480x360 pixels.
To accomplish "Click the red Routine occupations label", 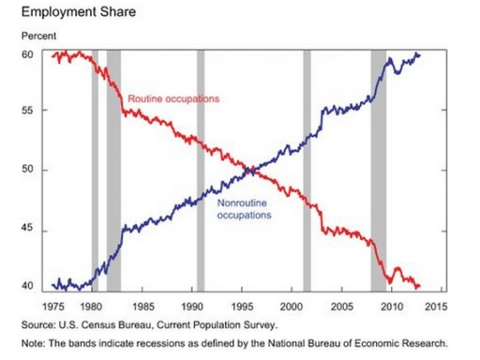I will click(174, 98).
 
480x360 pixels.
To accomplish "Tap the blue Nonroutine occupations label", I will click(245, 210).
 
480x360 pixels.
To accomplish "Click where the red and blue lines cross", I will click(251, 170).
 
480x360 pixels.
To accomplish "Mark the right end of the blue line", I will click(419, 54).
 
